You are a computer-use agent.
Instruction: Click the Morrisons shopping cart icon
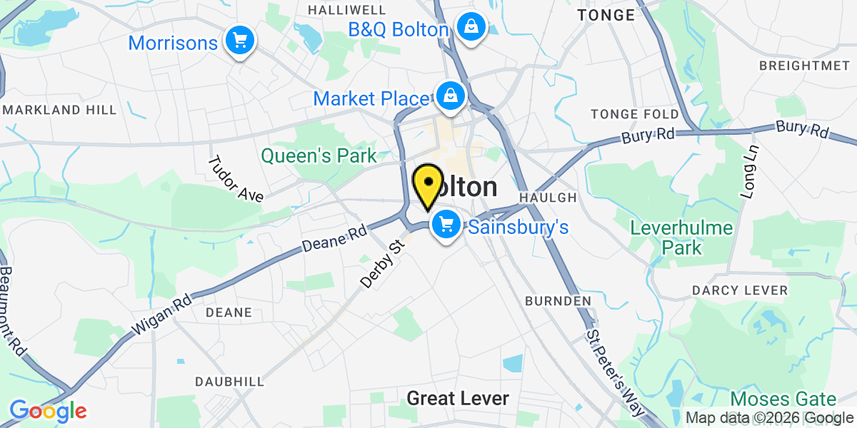tap(239, 41)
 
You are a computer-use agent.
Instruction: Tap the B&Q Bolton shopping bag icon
tap(471, 28)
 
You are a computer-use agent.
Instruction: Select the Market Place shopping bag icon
tap(451, 95)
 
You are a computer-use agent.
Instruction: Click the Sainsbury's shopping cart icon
tap(446, 225)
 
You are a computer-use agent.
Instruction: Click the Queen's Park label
tap(319, 156)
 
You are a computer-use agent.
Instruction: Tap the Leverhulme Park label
tap(682, 238)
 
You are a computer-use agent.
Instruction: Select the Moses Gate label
tap(783, 399)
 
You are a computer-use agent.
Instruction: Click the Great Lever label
tap(458, 398)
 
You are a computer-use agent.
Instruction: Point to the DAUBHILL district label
tap(230, 382)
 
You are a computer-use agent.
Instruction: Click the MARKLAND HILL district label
tap(60, 110)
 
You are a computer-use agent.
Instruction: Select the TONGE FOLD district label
tap(635, 114)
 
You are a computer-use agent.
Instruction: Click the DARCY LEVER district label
tap(740, 290)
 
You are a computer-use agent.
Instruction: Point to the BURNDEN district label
tap(558, 301)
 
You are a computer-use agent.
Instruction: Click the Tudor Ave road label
tap(235, 178)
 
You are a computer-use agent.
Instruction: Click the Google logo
tap(48, 411)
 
